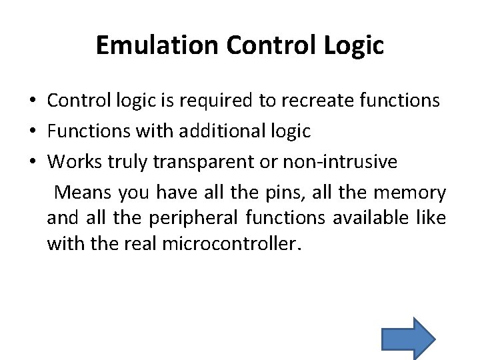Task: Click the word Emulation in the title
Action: pos(157,45)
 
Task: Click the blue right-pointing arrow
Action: pos(408,338)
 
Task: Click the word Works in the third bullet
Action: pos(73,162)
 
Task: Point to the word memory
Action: pos(409,193)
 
